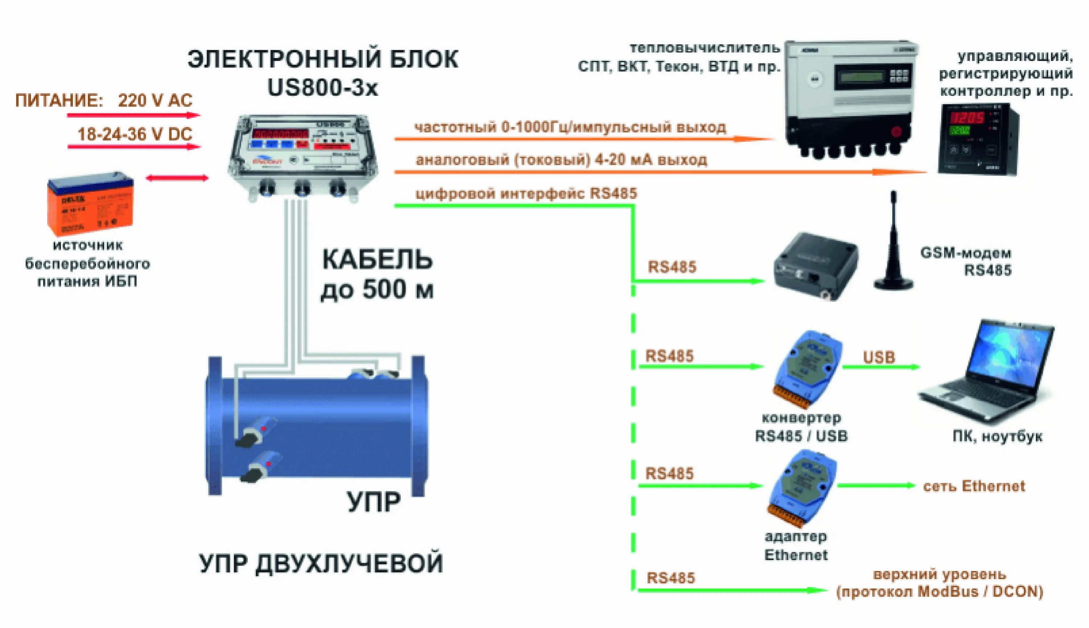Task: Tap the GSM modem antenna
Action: pos(893,244)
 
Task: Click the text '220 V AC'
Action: pos(155,101)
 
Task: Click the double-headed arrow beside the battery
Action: pos(177,178)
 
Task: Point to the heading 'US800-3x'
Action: pos(322,88)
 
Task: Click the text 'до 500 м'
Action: pos(377,289)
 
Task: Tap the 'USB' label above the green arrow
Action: pos(879,357)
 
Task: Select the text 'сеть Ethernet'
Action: pos(974,486)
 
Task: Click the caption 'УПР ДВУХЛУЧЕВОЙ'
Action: pos(321,563)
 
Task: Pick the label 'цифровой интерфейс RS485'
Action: pos(526,193)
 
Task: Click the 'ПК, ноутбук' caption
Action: pos(997,437)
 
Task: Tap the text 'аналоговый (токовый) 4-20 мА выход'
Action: pos(561,160)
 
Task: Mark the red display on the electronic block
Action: pos(280,133)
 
